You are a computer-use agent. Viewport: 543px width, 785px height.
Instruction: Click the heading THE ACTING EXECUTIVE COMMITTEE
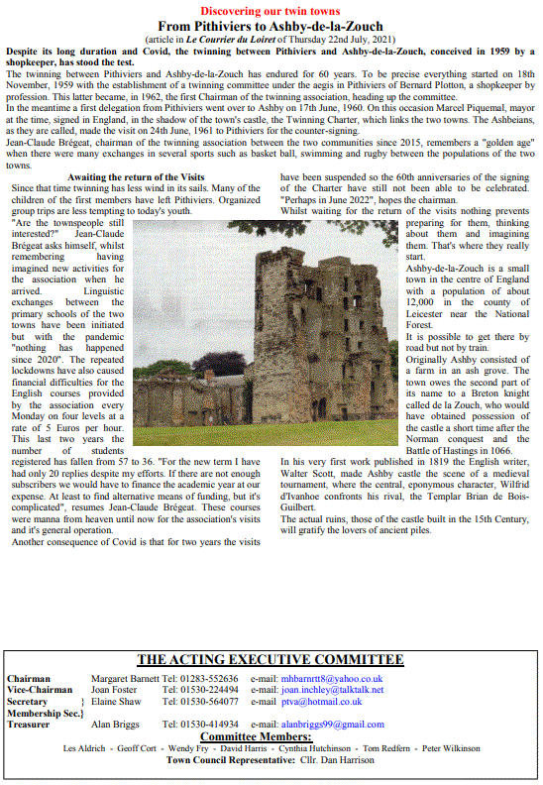(270, 660)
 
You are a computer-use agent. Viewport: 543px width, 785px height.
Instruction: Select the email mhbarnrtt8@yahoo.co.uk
(331, 679)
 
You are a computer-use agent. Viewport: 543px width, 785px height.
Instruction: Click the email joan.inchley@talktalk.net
(331, 690)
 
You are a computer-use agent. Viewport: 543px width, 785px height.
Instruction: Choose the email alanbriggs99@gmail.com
(332, 725)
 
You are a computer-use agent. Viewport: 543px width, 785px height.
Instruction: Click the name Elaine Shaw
(117, 702)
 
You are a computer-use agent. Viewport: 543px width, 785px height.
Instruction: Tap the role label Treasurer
(29, 725)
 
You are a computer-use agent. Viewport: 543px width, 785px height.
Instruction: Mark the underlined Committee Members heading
(256, 736)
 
